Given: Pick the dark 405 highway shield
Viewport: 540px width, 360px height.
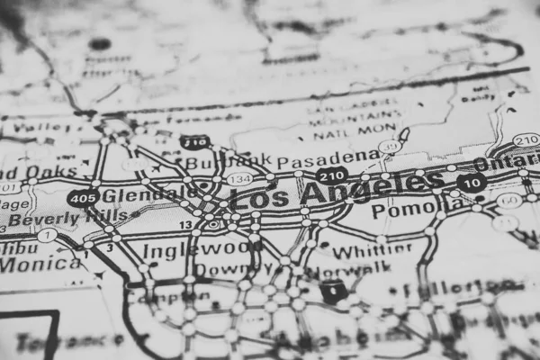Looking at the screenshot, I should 83,197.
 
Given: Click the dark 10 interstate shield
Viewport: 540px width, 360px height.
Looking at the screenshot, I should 472,181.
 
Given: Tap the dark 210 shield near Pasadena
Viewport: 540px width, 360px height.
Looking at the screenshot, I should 332,175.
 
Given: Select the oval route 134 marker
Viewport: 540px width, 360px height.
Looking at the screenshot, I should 239,178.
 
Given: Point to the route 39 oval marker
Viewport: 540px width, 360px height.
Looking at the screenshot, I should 390,147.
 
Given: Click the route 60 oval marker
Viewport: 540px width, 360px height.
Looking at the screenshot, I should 509,200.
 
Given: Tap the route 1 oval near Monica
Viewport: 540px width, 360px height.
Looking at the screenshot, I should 46,235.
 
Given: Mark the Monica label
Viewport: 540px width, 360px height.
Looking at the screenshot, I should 40,265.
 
